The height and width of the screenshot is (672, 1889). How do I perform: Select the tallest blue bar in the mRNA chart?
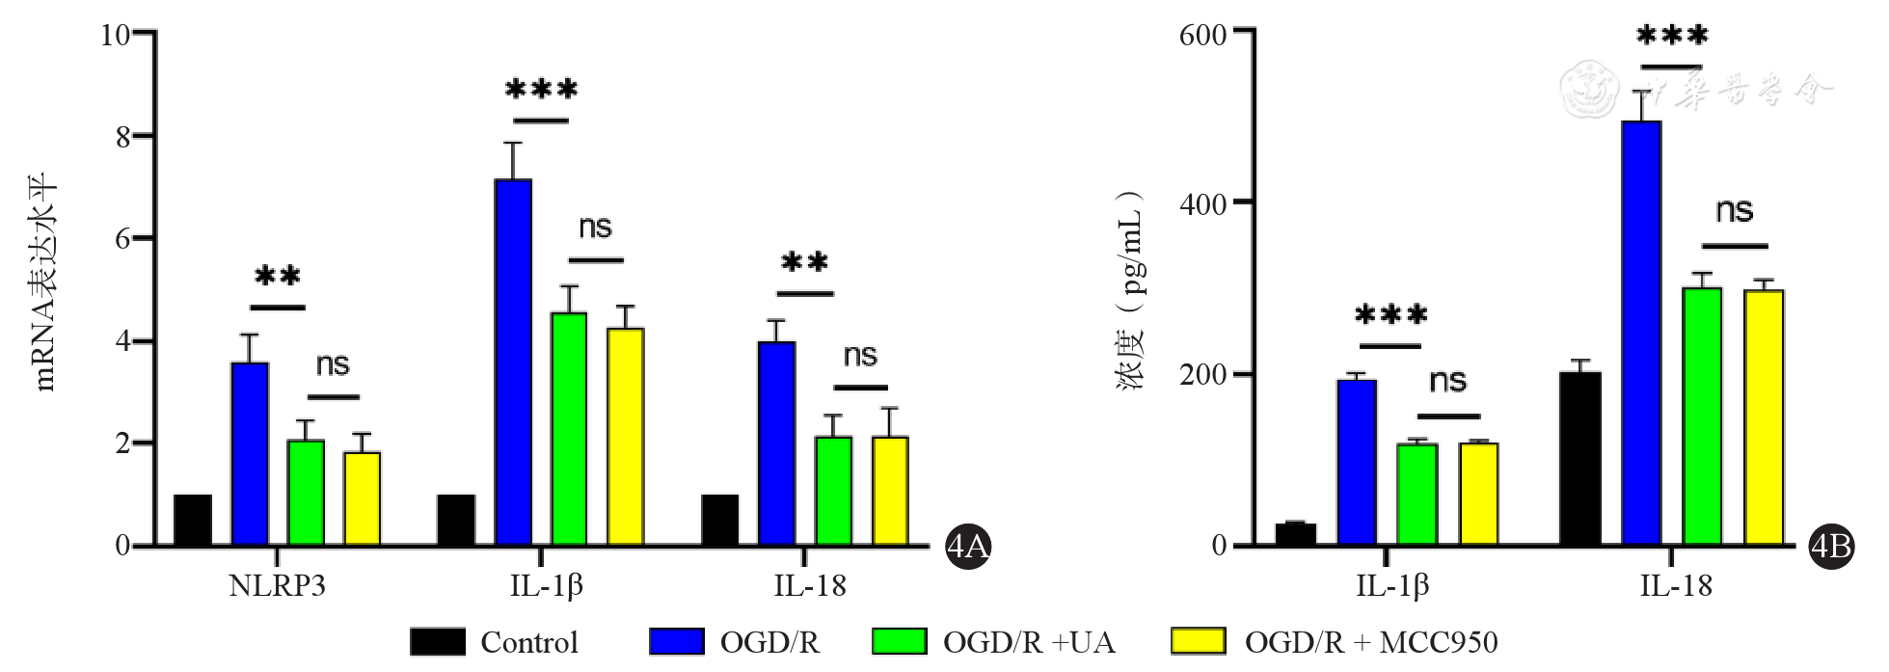coord(513,362)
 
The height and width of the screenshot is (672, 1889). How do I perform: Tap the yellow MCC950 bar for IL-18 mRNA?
coord(890,491)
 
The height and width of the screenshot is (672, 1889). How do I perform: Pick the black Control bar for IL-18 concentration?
coord(1579,458)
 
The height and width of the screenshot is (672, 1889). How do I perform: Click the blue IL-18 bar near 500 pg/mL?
coord(1641,333)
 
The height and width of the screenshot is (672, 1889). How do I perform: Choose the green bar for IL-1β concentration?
coord(1417,494)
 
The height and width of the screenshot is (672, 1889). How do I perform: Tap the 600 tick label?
coord(1203,35)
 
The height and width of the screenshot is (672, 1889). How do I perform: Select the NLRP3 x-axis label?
coord(277,586)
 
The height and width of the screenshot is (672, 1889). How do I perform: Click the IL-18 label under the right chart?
coord(1676,586)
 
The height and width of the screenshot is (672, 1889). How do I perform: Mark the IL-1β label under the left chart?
coord(546,586)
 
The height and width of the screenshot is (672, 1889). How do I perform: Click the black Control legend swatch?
coord(438,642)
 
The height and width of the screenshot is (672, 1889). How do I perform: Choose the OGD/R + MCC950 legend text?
coord(1371,642)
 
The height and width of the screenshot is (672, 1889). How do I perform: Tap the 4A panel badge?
coord(968,547)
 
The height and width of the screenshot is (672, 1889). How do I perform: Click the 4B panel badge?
coord(1831,547)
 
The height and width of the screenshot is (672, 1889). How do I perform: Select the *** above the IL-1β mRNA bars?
coord(541,90)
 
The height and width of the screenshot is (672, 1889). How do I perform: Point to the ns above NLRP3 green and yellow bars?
coord(333,365)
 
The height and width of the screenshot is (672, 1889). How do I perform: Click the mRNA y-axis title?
coord(45,282)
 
